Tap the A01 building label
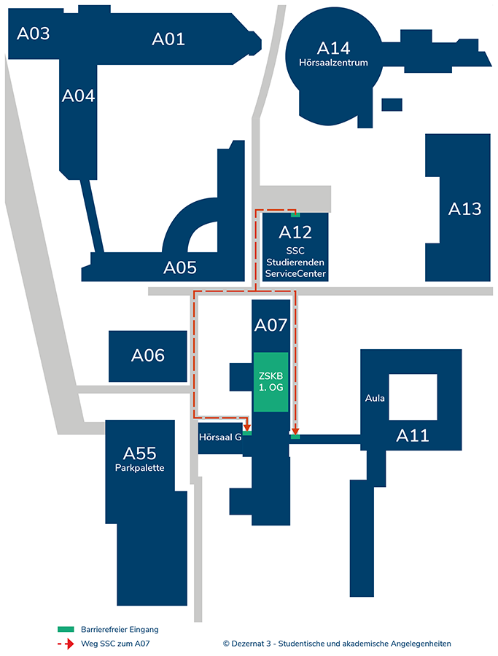click(x=168, y=39)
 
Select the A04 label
click(x=78, y=95)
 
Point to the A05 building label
click(x=180, y=268)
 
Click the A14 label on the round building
click(x=334, y=48)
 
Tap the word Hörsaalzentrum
click(x=334, y=63)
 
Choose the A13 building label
click(x=464, y=209)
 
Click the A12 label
click(x=295, y=233)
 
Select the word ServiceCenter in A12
click(x=295, y=274)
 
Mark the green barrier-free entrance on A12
click(x=295, y=215)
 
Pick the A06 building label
click(x=148, y=356)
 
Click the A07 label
click(x=271, y=326)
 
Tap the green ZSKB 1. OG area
click(x=271, y=381)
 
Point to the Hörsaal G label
click(x=220, y=437)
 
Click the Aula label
click(x=376, y=398)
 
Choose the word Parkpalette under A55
click(x=140, y=467)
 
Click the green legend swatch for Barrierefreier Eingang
click(x=66, y=628)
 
